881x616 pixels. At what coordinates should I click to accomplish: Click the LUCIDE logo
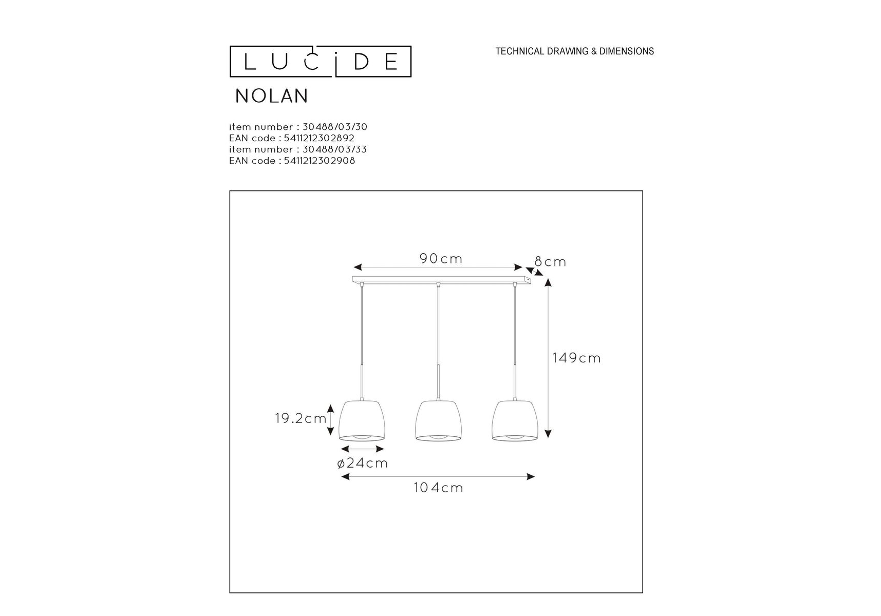click(x=320, y=62)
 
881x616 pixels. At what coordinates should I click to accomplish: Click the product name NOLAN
click(x=272, y=96)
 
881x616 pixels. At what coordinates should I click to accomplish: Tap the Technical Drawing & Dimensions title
click(x=574, y=51)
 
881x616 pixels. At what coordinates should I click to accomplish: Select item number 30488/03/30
click(x=298, y=127)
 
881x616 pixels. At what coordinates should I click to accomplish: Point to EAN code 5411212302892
click(x=292, y=138)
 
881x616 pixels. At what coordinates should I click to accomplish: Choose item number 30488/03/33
click(x=298, y=149)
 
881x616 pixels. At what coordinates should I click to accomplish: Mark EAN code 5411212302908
click(x=292, y=161)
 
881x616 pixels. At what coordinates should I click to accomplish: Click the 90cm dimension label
click(x=441, y=259)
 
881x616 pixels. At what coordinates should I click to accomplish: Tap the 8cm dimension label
click(x=550, y=262)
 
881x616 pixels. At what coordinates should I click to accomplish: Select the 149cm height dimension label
click(x=576, y=358)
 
